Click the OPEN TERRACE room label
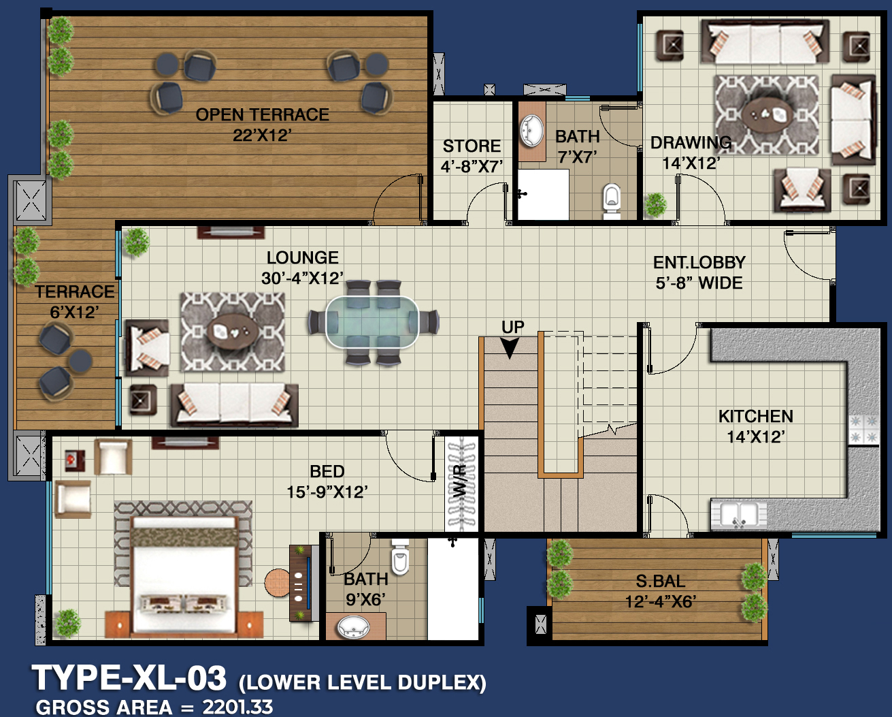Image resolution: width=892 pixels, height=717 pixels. (x=263, y=114)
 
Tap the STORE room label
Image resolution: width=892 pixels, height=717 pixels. (x=472, y=146)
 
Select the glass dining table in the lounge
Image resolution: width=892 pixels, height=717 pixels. (x=371, y=322)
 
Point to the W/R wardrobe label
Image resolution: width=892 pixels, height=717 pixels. (x=461, y=482)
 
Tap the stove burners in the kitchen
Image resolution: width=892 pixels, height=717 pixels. (x=864, y=430)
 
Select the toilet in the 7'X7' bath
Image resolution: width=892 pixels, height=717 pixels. (x=612, y=201)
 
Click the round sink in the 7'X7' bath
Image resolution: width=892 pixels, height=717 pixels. (x=532, y=131)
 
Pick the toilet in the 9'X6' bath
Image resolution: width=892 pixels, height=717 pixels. (x=400, y=557)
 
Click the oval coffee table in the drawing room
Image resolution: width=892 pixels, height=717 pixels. (x=767, y=114)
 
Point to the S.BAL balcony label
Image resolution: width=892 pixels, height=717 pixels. (x=661, y=581)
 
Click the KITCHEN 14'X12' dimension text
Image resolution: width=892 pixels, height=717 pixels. (x=756, y=437)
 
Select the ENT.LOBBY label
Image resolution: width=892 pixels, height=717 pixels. (x=699, y=262)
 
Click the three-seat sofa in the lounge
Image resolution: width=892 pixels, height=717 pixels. (x=235, y=405)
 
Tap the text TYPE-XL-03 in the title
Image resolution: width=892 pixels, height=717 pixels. (x=129, y=678)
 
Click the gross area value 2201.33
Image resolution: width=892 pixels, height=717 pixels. (x=237, y=707)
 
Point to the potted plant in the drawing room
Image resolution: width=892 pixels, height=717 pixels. (x=655, y=205)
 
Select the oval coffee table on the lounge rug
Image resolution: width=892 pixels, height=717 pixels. (x=233, y=331)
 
